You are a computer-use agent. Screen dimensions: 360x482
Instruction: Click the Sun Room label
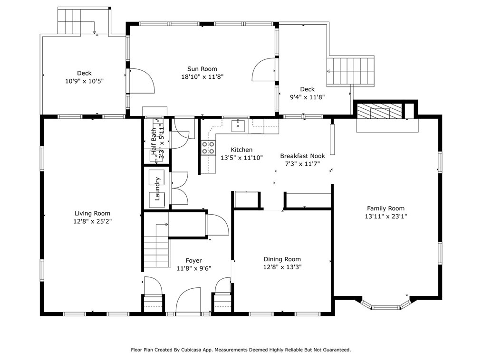coord(202,69)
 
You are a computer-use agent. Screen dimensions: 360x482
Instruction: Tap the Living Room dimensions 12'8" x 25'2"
coord(92,221)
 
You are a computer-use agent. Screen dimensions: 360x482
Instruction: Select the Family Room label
coord(386,208)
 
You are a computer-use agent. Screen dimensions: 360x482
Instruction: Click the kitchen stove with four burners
coord(208,148)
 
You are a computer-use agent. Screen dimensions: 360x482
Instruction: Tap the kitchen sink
coord(238,126)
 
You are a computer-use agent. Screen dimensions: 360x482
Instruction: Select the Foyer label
coord(193,260)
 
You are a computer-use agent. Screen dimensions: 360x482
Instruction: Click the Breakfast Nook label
coord(302,156)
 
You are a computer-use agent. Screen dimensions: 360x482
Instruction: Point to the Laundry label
coord(157,189)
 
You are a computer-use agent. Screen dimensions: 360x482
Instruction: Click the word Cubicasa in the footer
coord(190,350)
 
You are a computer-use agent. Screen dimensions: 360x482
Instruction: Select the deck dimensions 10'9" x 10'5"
coord(84,81)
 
